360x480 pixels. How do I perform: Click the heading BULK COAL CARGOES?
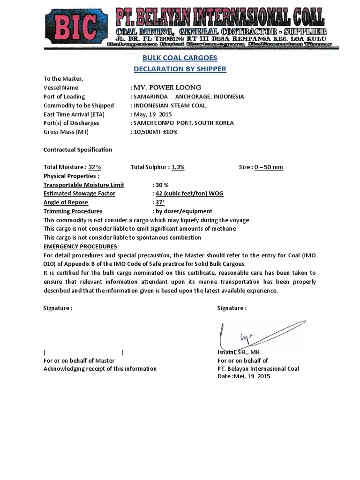[x=180, y=58]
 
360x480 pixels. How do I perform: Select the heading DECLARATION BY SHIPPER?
[x=180, y=69]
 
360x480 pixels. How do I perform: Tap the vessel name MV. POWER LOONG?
[x=167, y=88]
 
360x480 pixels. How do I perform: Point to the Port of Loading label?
[x=64, y=97]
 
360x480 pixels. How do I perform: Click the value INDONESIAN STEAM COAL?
[x=169, y=105]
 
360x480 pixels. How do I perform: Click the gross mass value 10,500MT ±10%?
[x=156, y=132]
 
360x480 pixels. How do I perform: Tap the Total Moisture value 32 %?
[x=95, y=167]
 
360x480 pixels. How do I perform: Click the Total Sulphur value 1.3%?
[x=178, y=167]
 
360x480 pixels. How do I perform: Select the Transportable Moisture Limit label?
[x=84, y=185]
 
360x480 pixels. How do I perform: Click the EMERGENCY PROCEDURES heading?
[x=80, y=247]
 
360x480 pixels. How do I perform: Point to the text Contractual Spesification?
[x=78, y=150]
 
